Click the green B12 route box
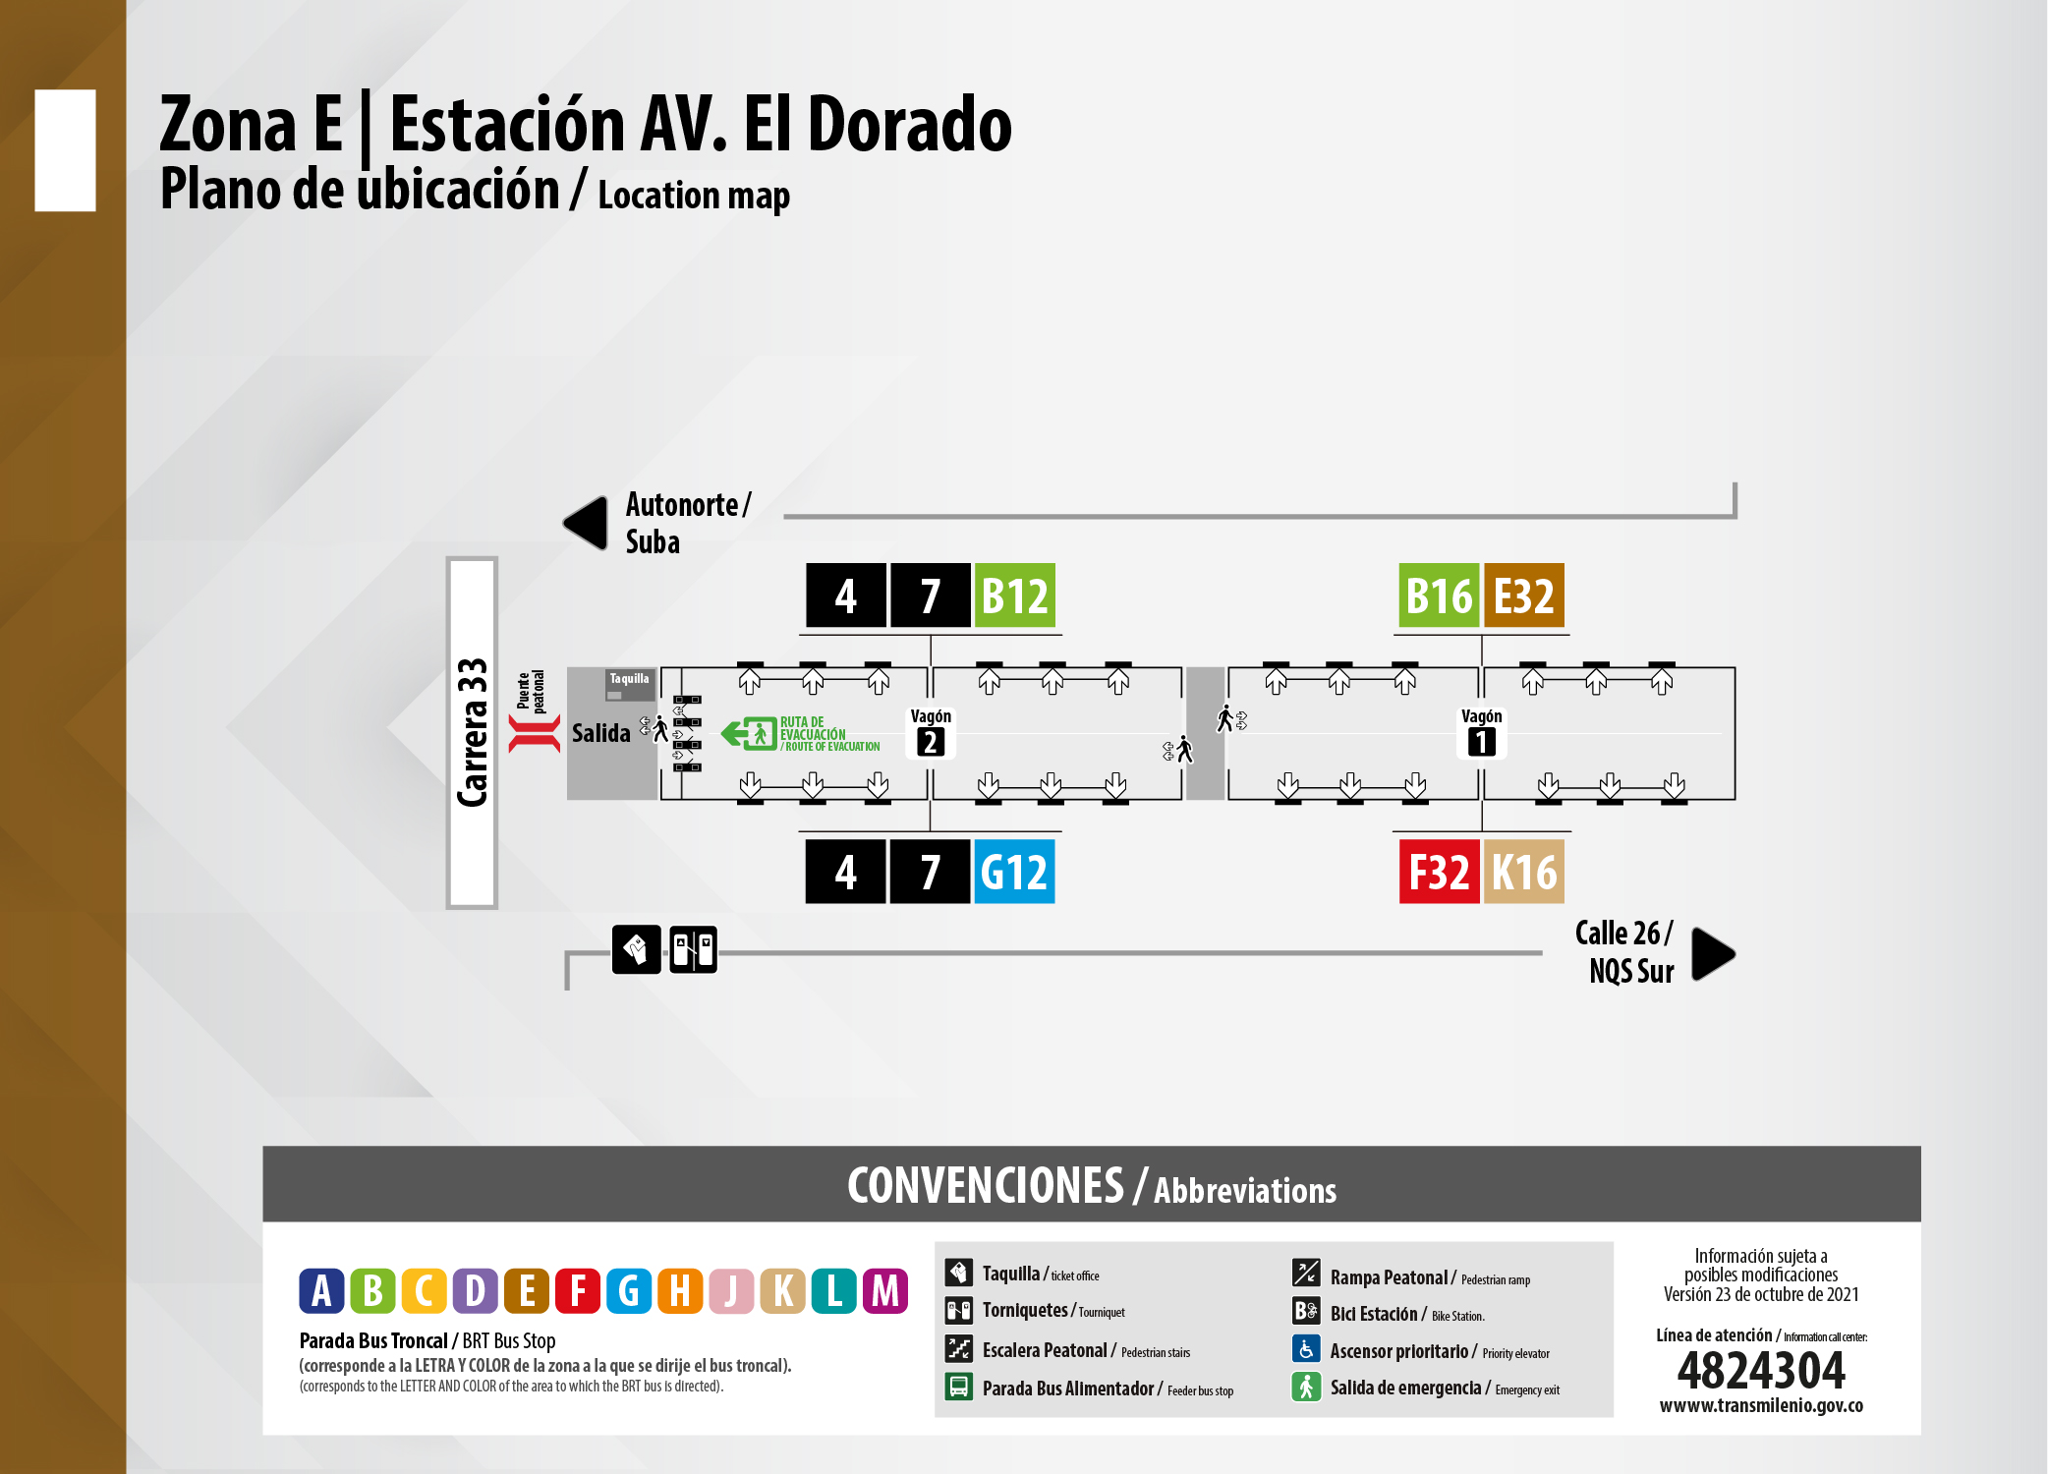(x=1014, y=595)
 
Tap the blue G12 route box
(x=1014, y=872)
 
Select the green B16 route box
(x=1439, y=595)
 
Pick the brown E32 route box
(x=1523, y=595)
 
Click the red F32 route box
(x=1439, y=872)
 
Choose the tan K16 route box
(x=1523, y=872)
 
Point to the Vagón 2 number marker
(x=930, y=742)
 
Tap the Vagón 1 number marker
(x=1481, y=742)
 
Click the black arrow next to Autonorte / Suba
(x=588, y=523)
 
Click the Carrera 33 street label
(x=473, y=733)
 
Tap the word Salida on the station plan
(x=600, y=733)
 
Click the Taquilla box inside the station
(x=629, y=684)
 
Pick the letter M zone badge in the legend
(x=884, y=1291)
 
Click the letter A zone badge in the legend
(x=321, y=1291)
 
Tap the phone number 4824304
(x=1761, y=1370)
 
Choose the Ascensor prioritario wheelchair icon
(x=1305, y=1349)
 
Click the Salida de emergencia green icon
(x=1305, y=1387)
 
